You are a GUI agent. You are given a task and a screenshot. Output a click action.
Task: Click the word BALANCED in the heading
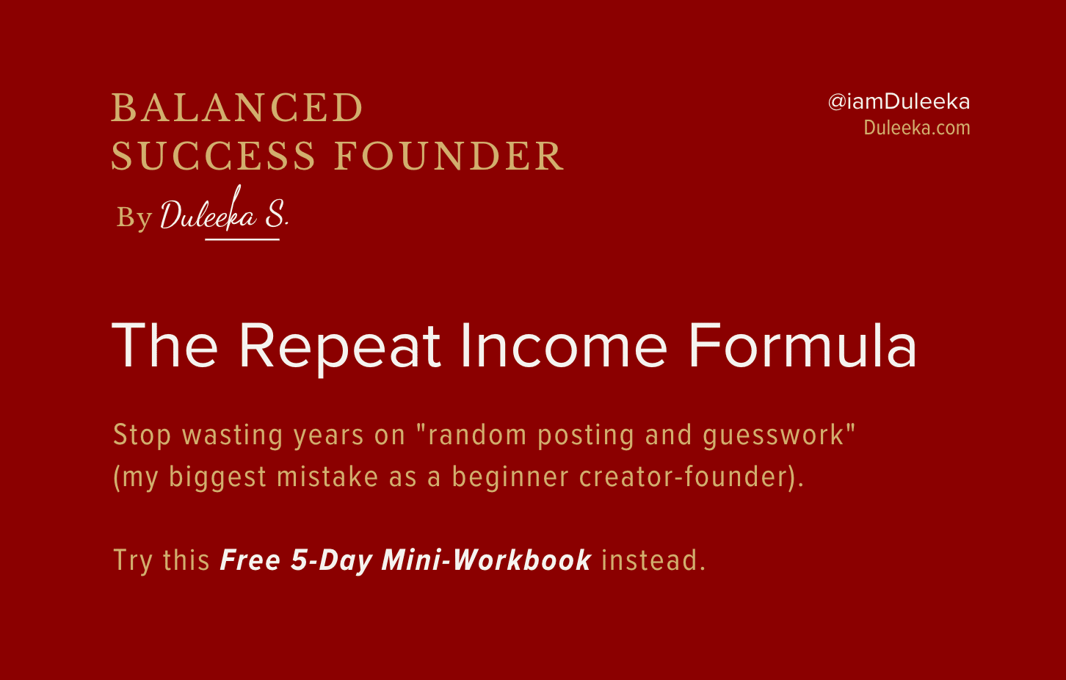237,107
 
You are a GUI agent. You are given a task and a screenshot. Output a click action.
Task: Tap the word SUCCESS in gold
213,156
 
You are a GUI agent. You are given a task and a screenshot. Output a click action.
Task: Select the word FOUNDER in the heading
449,156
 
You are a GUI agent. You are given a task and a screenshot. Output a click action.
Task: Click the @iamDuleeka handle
899,102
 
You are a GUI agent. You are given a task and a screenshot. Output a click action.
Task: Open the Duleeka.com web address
917,128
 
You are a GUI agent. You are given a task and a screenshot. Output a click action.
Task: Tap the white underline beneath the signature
242,239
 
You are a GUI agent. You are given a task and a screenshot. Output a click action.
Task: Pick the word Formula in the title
803,346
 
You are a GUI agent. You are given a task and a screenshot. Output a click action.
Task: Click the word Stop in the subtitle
142,435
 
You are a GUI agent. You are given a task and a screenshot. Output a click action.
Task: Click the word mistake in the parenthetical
327,477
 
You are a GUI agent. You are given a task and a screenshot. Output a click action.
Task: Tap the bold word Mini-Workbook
487,560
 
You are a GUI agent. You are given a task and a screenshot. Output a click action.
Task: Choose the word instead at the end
650,560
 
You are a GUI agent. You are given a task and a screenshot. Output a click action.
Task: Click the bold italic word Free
250,560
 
